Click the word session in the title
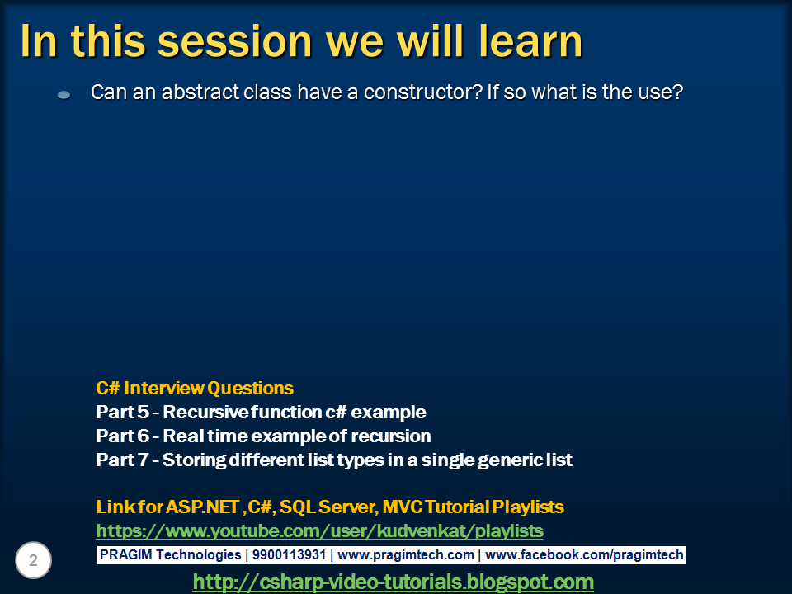pyautogui.click(x=235, y=41)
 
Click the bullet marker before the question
pyautogui.click(x=64, y=94)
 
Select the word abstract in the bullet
pyautogui.click(x=200, y=92)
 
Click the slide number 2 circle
pyautogui.click(x=33, y=560)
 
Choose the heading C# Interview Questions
pyautogui.click(x=195, y=388)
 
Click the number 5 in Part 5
pyautogui.click(x=144, y=412)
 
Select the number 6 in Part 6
pyautogui.click(x=144, y=436)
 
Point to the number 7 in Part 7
pyautogui.click(x=144, y=460)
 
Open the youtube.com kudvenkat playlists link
pyautogui.click(x=320, y=530)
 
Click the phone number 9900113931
pyautogui.click(x=289, y=554)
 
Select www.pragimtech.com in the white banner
pyautogui.click(x=406, y=555)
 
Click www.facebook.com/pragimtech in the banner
pyautogui.click(x=584, y=554)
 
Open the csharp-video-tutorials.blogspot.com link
pyautogui.click(x=393, y=582)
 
